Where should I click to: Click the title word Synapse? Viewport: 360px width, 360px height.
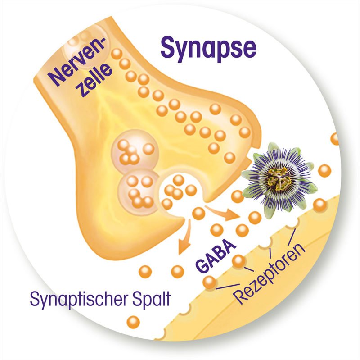click(x=208, y=48)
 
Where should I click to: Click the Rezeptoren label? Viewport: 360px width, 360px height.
click(x=270, y=275)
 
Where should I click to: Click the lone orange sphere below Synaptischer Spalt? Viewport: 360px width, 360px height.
click(x=133, y=322)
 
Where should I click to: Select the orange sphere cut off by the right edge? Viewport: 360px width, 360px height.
click(x=335, y=138)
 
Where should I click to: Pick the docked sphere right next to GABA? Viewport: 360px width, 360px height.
click(x=238, y=261)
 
